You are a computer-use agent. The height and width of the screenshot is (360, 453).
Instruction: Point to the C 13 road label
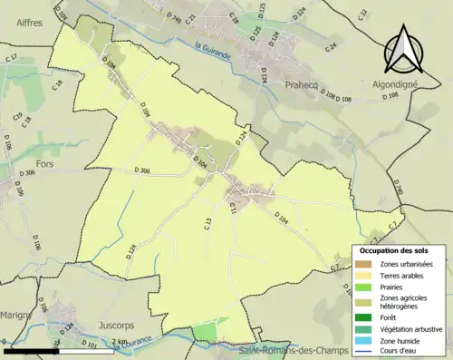(x=207, y=222)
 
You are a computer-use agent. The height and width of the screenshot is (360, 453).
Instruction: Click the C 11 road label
(x=233, y=208)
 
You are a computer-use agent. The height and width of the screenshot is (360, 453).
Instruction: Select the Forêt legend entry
(x=394, y=316)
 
